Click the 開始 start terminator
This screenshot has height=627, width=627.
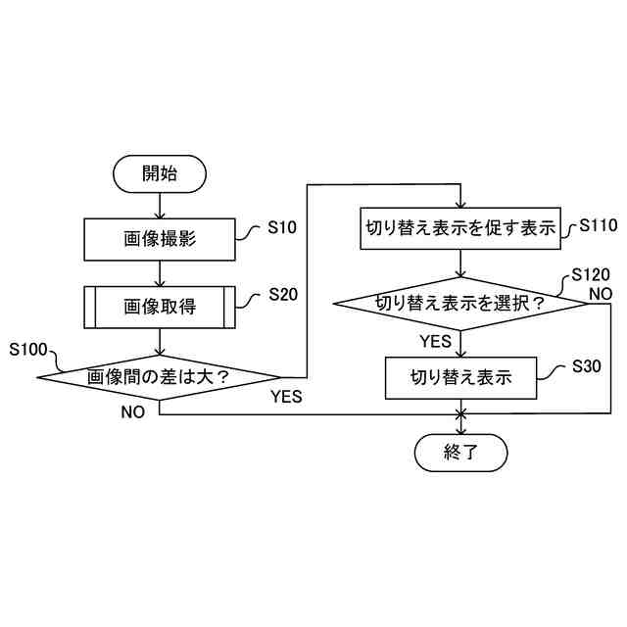160,174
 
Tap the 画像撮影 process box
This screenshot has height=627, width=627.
160,240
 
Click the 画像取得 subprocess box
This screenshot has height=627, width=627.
160,307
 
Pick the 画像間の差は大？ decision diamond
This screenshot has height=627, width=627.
160,375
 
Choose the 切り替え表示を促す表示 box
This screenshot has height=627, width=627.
460,228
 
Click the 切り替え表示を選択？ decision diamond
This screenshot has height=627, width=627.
460,303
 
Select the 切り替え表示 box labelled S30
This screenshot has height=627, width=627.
460,376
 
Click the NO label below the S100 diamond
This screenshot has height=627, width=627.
133,412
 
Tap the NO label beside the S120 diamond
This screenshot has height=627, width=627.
600,293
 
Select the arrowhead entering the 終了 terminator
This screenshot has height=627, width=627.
460,430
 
